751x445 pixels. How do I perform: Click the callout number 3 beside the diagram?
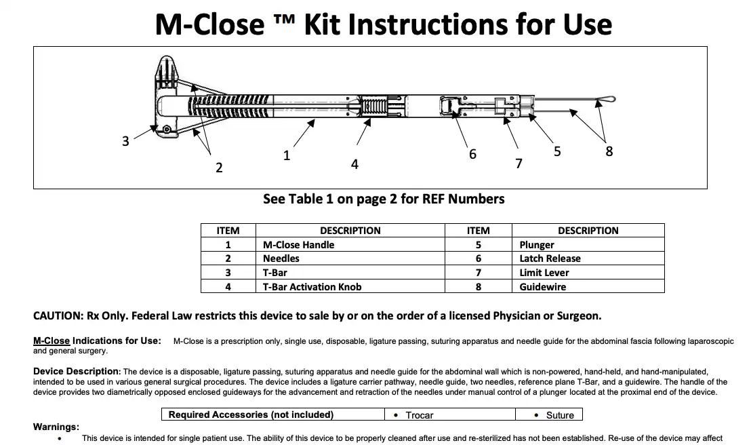(125, 141)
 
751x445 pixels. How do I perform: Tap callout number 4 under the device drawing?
(354, 163)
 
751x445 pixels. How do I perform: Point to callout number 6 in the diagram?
(472, 154)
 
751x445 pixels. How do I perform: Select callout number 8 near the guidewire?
(609, 151)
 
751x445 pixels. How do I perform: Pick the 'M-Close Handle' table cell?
(298, 244)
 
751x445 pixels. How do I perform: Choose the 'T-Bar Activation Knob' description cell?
(312, 286)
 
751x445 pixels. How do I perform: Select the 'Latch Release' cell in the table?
(550, 258)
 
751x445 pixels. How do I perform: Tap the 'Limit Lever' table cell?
(544, 273)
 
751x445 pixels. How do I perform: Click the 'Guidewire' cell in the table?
(542, 286)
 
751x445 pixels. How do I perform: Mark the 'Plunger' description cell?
(537, 244)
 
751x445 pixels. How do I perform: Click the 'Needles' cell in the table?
(281, 258)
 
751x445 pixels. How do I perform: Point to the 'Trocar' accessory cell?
(419, 414)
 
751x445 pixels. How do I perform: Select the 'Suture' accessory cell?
(560, 414)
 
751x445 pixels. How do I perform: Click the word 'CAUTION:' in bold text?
(57, 316)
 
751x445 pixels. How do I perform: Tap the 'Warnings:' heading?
(56, 427)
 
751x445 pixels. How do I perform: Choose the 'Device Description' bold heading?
(76, 371)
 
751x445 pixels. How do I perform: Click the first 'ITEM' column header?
(228, 230)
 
